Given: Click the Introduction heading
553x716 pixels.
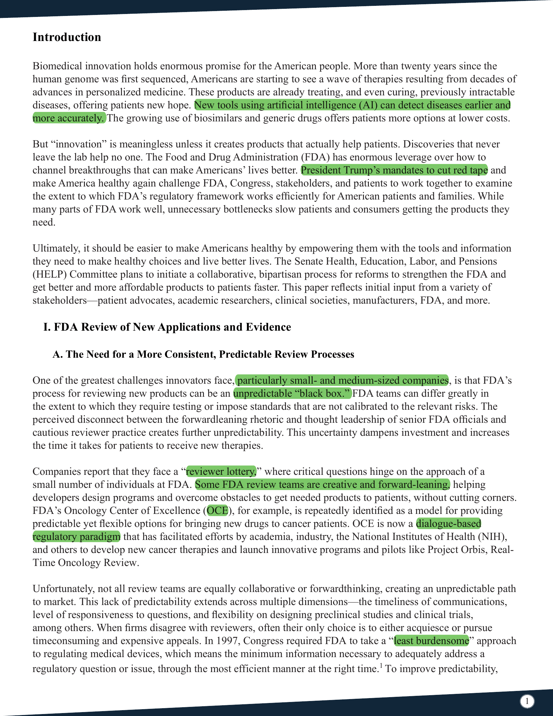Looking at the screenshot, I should [67, 37].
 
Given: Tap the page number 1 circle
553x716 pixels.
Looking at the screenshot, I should [527, 702].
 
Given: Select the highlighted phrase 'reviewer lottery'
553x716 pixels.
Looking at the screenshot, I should [221, 472].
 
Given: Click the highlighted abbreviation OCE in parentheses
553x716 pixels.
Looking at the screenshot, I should [217, 510].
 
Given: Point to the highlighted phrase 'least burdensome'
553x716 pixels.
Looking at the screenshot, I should [431, 640].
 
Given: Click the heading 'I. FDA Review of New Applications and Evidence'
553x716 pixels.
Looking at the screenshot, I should [167, 327].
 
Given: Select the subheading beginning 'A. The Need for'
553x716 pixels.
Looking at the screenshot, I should [203, 354].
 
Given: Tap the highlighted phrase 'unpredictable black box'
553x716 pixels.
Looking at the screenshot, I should [292, 393].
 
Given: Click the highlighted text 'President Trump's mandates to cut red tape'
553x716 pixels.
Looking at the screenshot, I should [394, 170].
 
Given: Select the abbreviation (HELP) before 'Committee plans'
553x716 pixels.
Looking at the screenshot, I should [49, 274].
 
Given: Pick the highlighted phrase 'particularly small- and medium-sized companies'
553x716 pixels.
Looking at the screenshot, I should [342, 380].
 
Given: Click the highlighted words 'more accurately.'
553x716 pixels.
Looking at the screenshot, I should [69, 118].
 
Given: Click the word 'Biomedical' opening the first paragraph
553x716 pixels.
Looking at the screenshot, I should [57, 66].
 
